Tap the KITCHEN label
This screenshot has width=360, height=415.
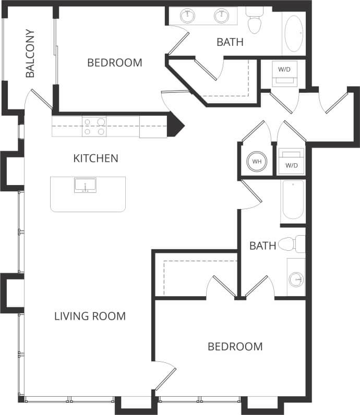click(95, 158)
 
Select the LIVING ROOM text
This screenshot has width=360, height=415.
click(90, 316)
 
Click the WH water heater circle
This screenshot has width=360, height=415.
click(257, 162)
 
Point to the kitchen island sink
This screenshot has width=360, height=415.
click(85, 185)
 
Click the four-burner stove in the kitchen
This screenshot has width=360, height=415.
click(94, 126)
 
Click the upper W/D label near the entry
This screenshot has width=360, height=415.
click(284, 69)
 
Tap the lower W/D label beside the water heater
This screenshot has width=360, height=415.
click(291, 165)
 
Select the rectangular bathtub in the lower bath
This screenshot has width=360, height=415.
click(293, 201)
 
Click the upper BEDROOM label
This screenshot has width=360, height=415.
click(114, 63)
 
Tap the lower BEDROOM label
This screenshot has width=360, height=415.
click(235, 347)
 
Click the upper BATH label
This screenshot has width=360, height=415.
click(230, 42)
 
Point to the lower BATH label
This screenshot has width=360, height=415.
click(262, 246)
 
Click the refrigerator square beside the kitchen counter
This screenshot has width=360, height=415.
click(153, 127)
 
